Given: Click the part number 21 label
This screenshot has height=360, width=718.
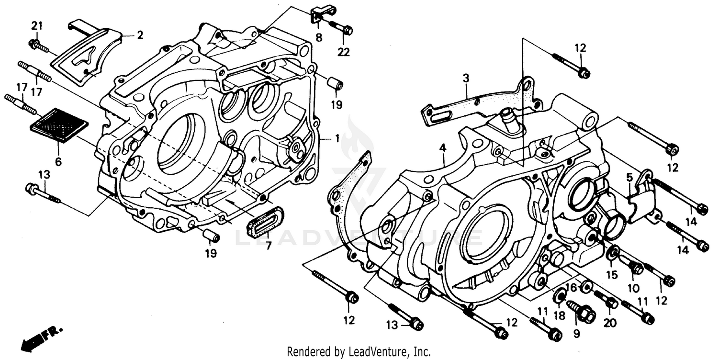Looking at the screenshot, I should [x=37, y=25].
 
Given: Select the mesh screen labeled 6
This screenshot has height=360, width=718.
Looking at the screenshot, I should [x=59, y=125].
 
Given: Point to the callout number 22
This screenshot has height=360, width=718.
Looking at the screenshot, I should [x=343, y=52].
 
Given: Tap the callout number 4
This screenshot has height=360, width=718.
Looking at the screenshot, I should [x=443, y=148].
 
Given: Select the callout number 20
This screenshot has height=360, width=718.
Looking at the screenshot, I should [x=609, y=324].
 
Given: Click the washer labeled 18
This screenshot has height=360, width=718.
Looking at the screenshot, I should [x=559, y=297].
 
